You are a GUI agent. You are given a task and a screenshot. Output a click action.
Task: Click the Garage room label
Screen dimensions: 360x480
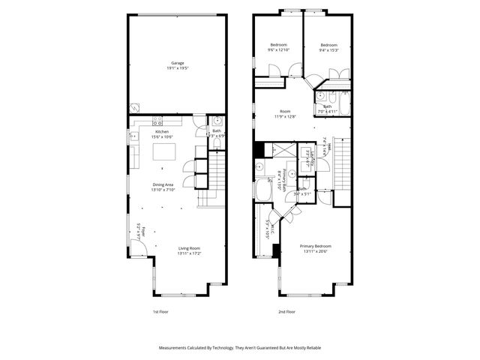(x=178, y=63)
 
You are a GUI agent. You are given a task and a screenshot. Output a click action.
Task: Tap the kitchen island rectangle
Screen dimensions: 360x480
(x=163, y=152)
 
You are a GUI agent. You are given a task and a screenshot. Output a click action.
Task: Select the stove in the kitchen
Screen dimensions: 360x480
(x=158, y=121)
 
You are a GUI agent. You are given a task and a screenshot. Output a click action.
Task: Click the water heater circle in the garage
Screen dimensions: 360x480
(x=135, y=108)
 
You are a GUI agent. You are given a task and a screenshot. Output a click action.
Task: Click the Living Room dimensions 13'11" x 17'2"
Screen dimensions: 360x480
(x=188, y=253)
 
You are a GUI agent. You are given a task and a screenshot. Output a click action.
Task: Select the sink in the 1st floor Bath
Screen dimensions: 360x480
(x=217, y=120)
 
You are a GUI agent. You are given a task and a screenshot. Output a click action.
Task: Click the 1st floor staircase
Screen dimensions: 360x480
(x=215, y=176)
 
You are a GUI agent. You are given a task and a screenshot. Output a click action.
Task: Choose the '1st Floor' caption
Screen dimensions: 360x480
(x=160, y=311)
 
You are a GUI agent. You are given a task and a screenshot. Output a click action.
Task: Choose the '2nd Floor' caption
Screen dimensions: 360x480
(x=286, y=311)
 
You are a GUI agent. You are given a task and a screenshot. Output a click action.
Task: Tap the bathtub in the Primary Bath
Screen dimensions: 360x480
(x=263, y=192)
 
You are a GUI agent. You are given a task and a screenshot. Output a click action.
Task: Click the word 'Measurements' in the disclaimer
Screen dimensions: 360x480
(x=175, y=348)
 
